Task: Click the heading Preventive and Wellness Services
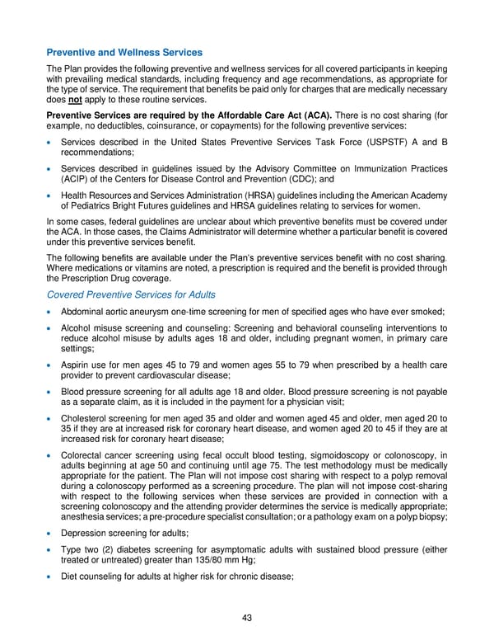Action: point(124,53)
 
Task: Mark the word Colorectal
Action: point(84,454)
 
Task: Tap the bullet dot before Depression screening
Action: point(51,532)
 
